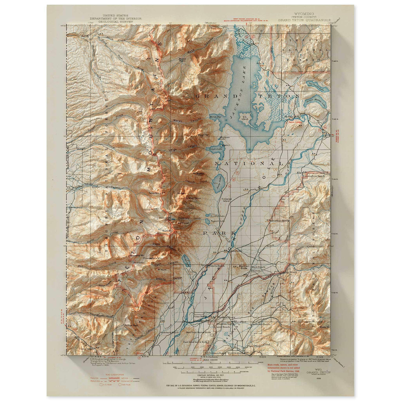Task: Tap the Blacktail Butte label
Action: click(240, 267)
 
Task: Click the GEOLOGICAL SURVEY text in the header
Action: click(116, 21)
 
